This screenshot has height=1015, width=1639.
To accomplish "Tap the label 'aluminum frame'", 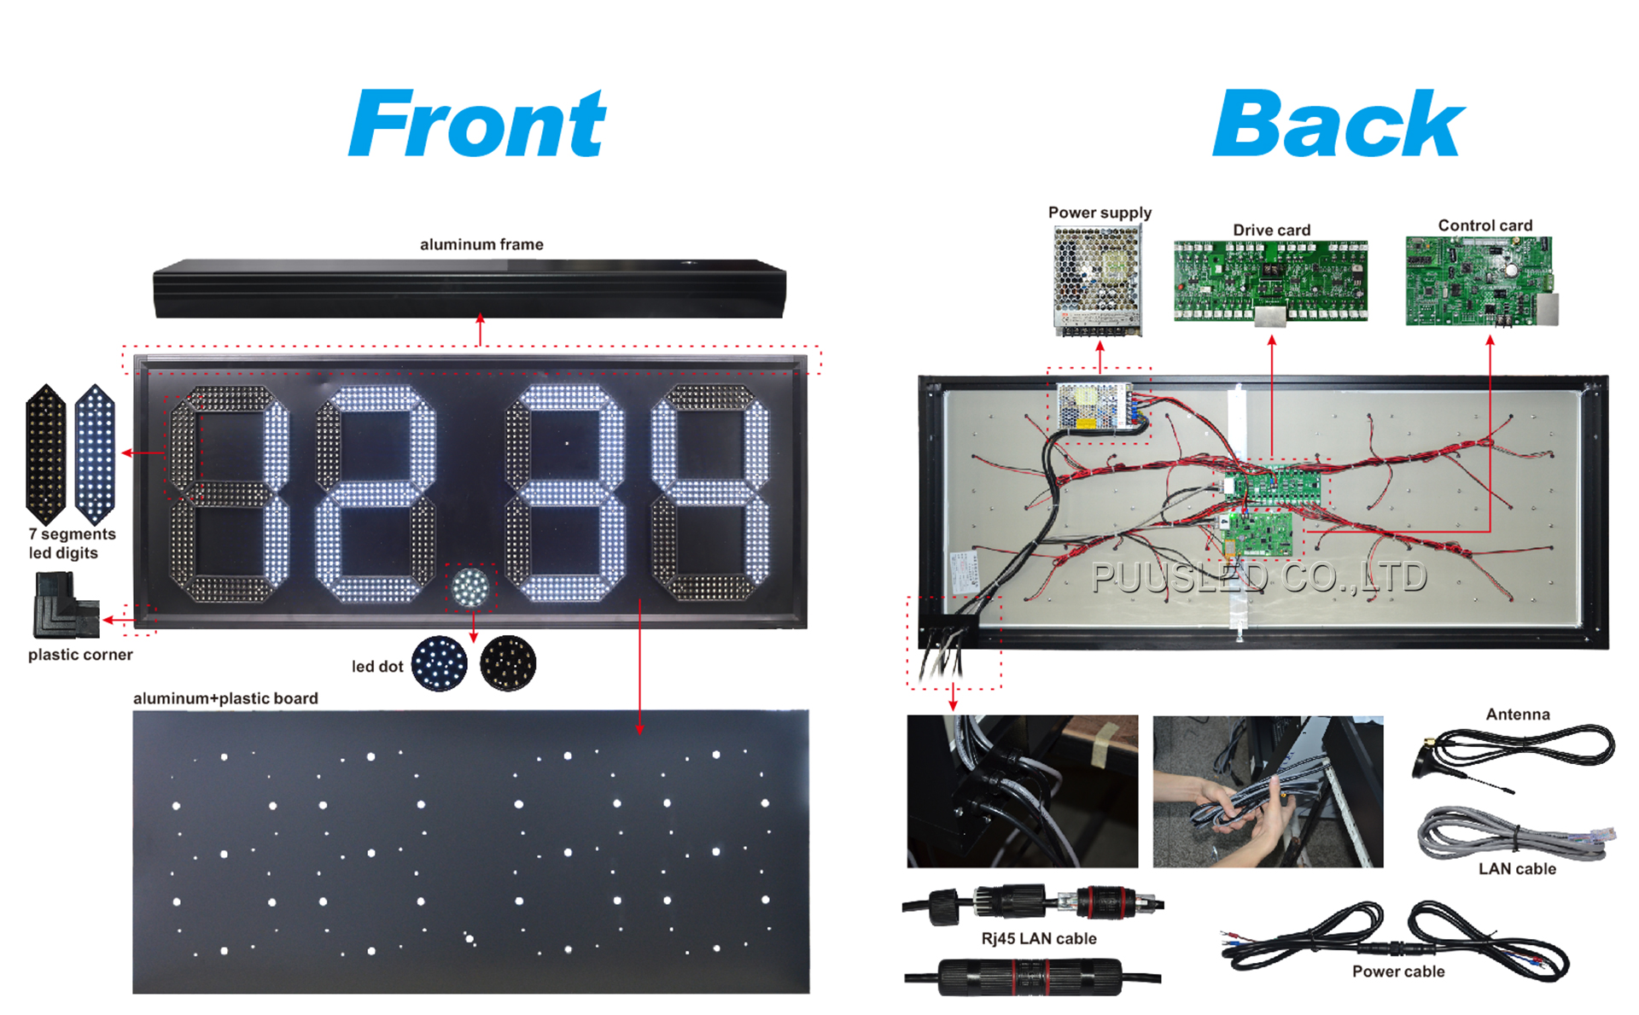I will [481, 244].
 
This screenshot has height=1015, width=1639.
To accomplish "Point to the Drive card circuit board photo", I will [1270, 282].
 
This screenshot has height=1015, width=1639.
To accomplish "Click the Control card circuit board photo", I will [1481, 282].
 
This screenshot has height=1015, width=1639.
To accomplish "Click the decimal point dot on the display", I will [470, 587].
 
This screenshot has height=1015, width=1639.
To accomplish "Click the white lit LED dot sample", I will [440, 663].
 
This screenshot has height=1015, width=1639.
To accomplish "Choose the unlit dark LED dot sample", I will [508, 663].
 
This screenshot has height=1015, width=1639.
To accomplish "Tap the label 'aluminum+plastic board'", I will [225, 698].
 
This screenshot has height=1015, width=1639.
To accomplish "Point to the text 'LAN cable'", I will [1517, 869].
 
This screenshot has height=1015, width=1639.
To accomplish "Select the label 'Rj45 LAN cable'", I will [1039, 939].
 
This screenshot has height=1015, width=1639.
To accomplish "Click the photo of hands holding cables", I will [1268, 791].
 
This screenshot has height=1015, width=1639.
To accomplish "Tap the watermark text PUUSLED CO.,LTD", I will [1259, 578].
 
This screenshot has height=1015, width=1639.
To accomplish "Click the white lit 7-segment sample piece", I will [95, 454].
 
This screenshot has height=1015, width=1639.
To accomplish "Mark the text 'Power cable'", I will [1398, 971].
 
